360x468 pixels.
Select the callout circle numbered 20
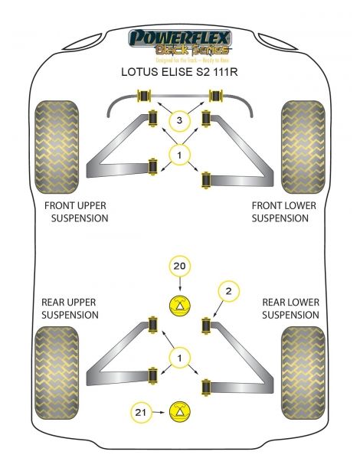click(x=179, y=266)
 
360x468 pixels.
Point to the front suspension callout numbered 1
click(x=179, y=156)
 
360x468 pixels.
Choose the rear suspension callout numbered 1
click(x=179, y=358)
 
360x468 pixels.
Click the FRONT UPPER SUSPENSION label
click(x=76, y=211)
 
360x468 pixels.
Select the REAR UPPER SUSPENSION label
click(x=70, y=308)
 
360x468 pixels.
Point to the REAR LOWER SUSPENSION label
click(x=290, y=308)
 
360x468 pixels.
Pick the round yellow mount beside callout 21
click(x=179, y=411)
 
